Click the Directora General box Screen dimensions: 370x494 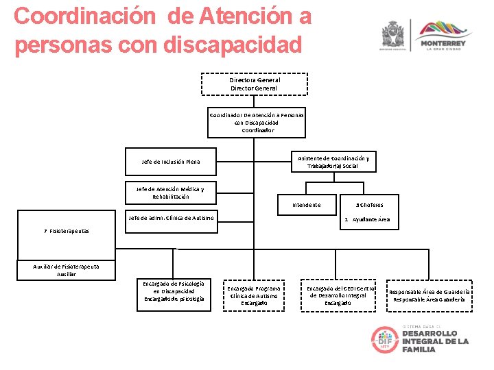tap(254, 84)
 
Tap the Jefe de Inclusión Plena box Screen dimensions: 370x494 tap(171, 162)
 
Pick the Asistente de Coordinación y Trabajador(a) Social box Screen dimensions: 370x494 tap(333, 162)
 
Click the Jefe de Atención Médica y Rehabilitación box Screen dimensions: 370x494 tap(171, 193)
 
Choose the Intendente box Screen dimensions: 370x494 tap(305, 205)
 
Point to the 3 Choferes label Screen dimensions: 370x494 tap(370, 205)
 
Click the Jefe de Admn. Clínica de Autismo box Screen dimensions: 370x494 tap(171, 218)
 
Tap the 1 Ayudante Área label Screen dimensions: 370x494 tap(368, 219)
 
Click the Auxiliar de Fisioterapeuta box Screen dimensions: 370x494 tap(66, 270)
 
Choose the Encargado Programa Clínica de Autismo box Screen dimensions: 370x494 tap(254, 295)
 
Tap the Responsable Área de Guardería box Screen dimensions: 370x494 tap(430, 295)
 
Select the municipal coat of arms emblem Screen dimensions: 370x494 tap(394, 34)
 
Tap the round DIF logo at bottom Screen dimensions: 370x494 tap(385, 340)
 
